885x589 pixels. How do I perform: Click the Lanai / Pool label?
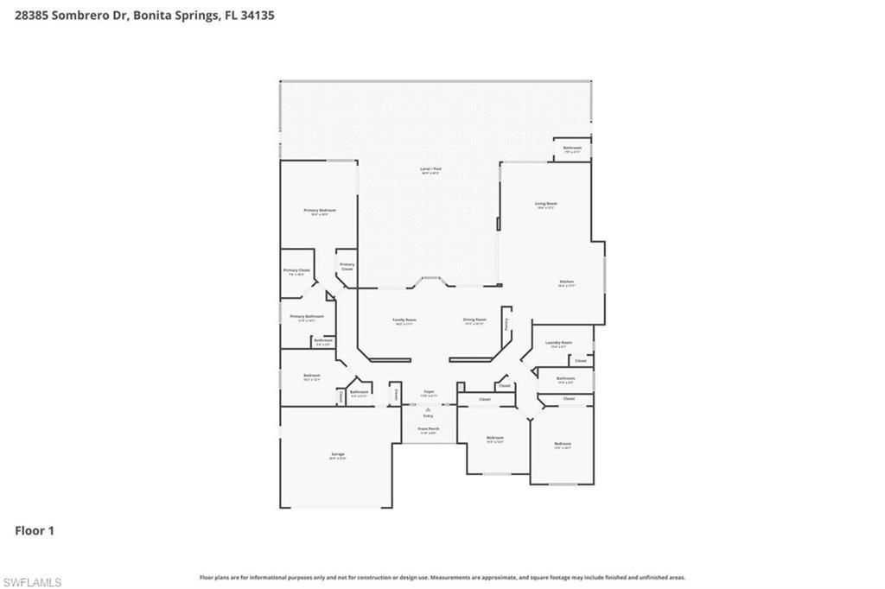point(430,171)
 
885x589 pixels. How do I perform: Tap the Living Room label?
point(545,205)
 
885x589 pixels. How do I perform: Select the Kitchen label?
point(567,282)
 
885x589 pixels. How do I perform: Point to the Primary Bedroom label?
point(319,212)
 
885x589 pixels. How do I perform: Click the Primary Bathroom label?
point(307,317)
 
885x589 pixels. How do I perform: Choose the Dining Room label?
point(474,321)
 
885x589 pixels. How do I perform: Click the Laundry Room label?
point(559,344)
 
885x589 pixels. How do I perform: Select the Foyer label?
point(429,394)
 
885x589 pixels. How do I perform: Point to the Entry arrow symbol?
point(429,408)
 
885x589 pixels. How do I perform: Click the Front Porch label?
point(429,430)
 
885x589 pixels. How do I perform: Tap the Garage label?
point(337,456)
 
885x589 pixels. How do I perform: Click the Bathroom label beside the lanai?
point(572,149)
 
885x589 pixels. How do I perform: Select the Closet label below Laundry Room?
point(581,360)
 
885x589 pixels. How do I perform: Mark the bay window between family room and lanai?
point(430,280)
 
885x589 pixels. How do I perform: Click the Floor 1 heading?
point(35,530)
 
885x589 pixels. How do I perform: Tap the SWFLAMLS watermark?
point(32,582)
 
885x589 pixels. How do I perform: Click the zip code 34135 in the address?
point(257,15)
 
